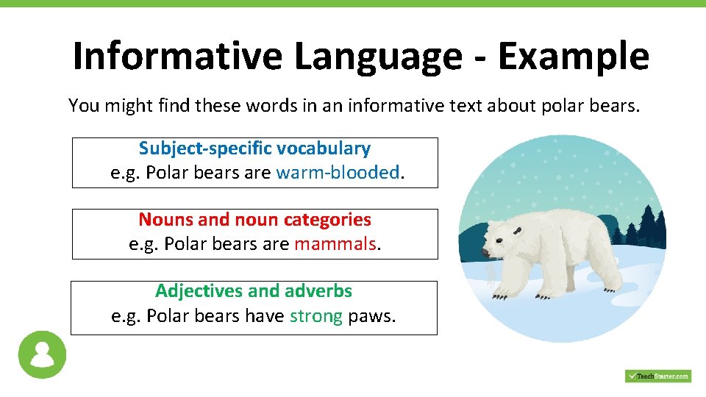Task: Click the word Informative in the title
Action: [177, 56]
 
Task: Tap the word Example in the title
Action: [574, 56]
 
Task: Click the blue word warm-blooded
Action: [338, 172]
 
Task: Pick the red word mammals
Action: [335, 243]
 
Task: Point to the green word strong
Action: [316, 315]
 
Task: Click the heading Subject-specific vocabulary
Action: [254, 149]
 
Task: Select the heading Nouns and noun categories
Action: [254, 219]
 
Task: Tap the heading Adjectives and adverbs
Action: [254, 290]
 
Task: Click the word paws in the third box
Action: [372, 315]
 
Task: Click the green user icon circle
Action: [42, 354]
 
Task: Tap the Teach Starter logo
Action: [658, 376]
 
